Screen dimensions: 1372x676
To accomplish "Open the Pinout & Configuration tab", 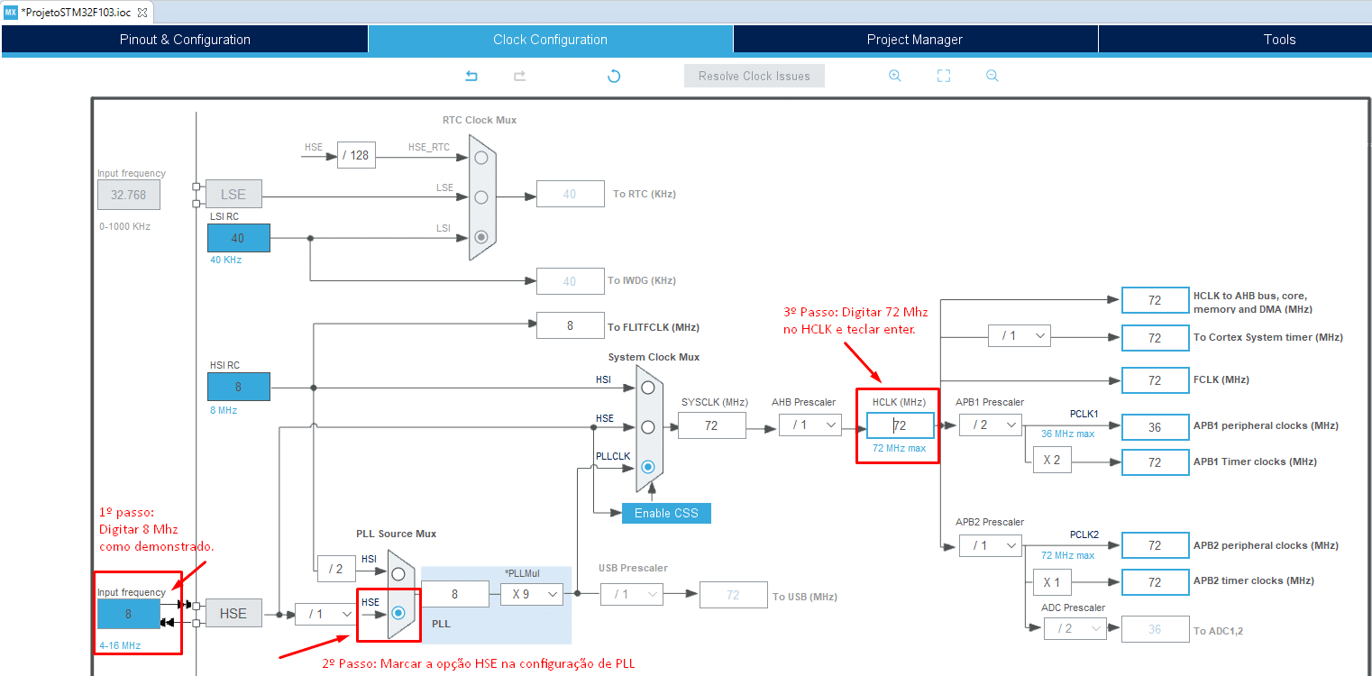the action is tap(185, 39).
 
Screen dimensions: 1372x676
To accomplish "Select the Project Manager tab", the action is tap(914, 39).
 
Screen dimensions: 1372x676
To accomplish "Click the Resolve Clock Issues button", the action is tap(754, 76).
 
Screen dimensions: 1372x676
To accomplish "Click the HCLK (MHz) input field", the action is tap(900, 425).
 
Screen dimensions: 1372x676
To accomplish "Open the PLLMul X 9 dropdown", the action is tap(532, 594).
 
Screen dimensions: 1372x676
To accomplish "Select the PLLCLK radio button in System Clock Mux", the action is tap(648, 467).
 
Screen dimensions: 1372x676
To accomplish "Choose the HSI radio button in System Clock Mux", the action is tap(648, 388).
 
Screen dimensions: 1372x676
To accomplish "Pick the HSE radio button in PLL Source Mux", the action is tap(398, 613).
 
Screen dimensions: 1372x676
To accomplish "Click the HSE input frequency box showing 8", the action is tap(129, 614).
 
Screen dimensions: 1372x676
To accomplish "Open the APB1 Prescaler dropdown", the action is tap(990, 425).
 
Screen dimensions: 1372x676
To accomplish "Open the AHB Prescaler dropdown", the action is tap(809, 425).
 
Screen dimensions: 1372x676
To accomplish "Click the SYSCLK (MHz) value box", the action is tap(712, 425).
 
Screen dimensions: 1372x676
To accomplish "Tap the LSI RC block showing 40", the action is tap(238, 238).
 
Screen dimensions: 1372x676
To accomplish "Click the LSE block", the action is tap(233, 194).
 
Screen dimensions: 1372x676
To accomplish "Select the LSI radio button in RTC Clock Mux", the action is tap(481, 237).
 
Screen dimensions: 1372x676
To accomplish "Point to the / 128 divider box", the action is tap(356, 156).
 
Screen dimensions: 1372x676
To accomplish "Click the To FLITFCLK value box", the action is tap(571, 325).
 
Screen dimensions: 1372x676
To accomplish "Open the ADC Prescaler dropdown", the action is tap(1075, 629).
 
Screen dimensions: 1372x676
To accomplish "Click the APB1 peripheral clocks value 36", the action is tap(1155, 427).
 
